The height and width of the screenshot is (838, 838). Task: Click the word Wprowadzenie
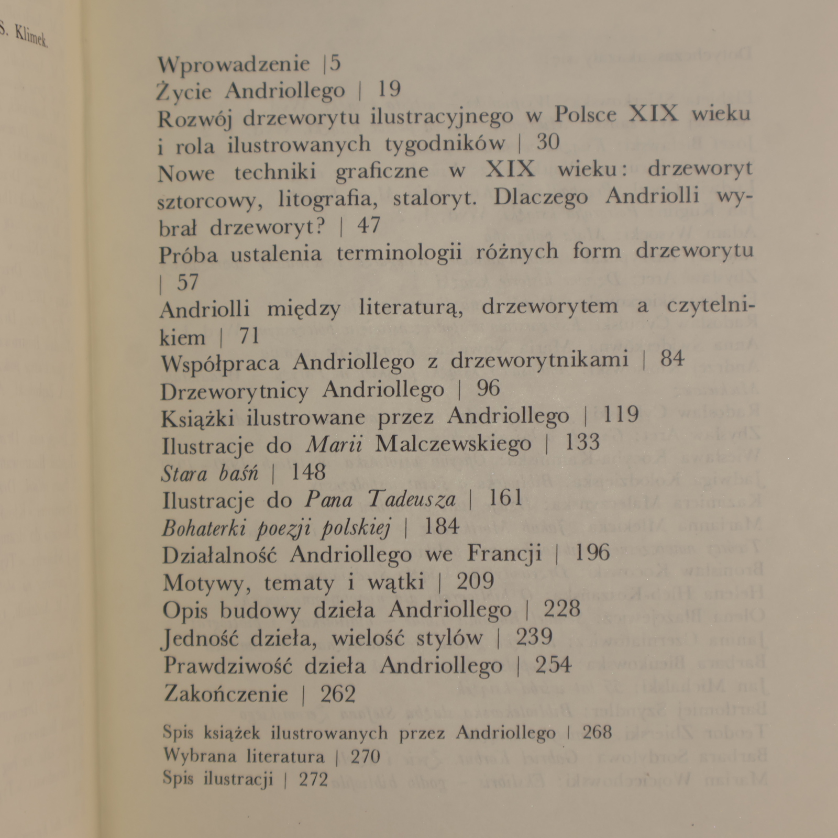click(234, 64)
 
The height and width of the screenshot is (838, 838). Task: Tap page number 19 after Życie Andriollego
click(389, 90)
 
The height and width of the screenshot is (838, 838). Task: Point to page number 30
click(548, 142)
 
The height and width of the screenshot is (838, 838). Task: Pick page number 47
click(369, 226)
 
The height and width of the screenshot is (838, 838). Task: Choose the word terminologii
click(399, 253)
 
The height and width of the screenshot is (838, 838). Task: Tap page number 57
click(188, 283)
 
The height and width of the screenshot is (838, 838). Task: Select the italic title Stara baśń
click(210, 473)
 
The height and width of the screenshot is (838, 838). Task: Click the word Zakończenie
click(226, 694)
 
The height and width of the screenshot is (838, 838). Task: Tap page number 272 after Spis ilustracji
click(313, 780)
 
